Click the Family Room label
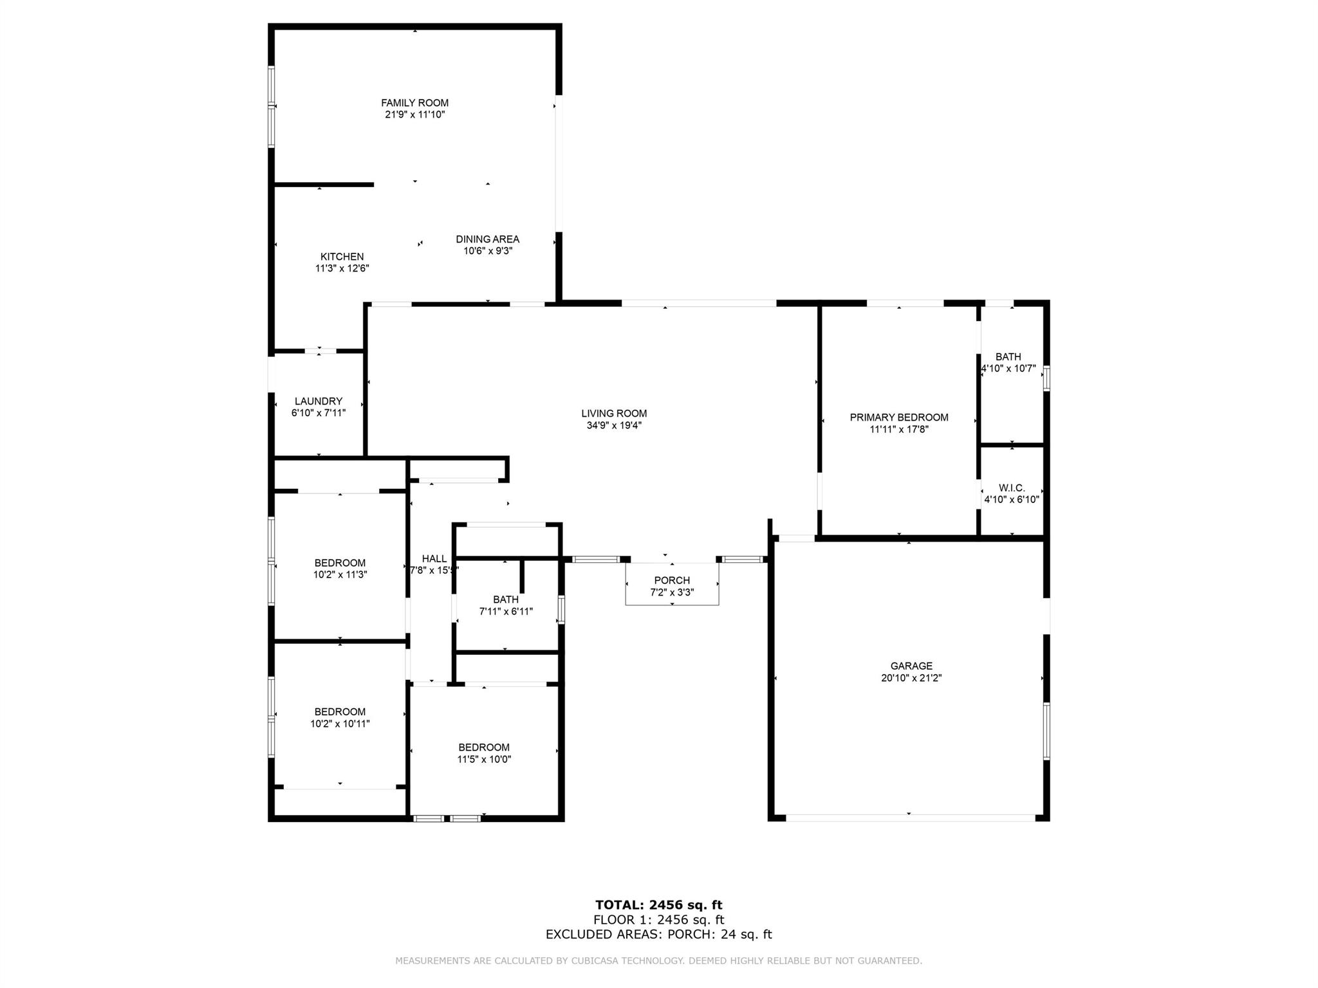414,103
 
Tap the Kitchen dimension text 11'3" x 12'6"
342,268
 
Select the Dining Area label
487,239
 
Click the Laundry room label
319,401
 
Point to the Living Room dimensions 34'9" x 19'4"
614,425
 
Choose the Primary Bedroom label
899,417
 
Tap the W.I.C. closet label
1012,488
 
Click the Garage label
911,666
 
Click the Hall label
434,559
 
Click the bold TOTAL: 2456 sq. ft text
659,906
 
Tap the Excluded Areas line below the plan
659,935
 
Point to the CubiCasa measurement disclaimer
659,961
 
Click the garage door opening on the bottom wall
911,818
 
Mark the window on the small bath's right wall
561,610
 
